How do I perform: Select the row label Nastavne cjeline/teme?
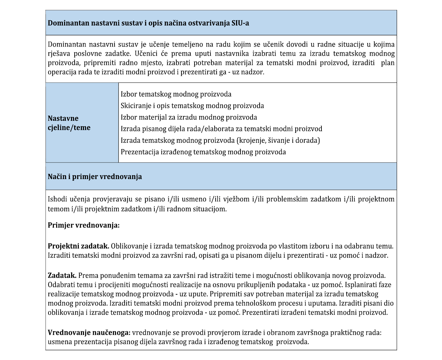[x=69, y=123]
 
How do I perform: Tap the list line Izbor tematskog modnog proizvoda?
[x=176, y=94]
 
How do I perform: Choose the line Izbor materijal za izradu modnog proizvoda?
[x=189, y=117]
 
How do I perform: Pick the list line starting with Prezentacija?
[x=203, y=152]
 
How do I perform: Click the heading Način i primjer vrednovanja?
[x=95, y=176]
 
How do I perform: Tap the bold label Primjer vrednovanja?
[x=84, y=225]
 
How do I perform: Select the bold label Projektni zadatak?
[x=78, y=246]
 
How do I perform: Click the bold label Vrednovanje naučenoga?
[x=89, y=333]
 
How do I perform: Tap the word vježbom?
[x=234, y=199]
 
